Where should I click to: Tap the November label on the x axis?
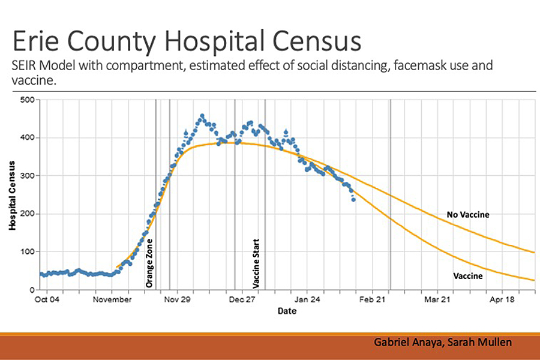click(112, 299)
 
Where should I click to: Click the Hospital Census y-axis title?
click(12, 194)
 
